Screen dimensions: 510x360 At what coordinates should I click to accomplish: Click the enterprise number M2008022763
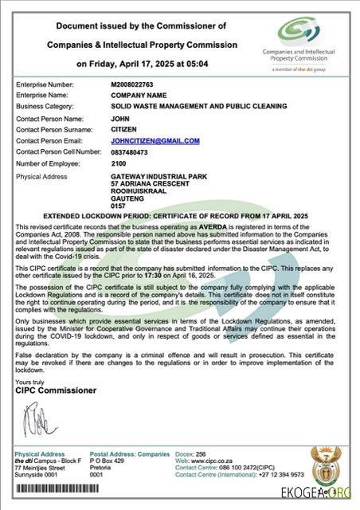pyautogui.click(x=131, y=84)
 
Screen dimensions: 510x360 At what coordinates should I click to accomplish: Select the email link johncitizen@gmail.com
pyautogui.click(x=155, y=140)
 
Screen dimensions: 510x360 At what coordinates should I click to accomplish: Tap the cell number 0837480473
pyautogui.click(x=130, y=151)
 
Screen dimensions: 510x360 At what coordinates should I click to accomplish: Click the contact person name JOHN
pyautogui.click(x=119, y=118)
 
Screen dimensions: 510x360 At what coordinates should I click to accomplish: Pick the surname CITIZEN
pyautogui.click(x=123, y=129)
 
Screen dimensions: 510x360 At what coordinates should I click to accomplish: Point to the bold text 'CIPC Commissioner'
pyautogui.click(x=56, y=391)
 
